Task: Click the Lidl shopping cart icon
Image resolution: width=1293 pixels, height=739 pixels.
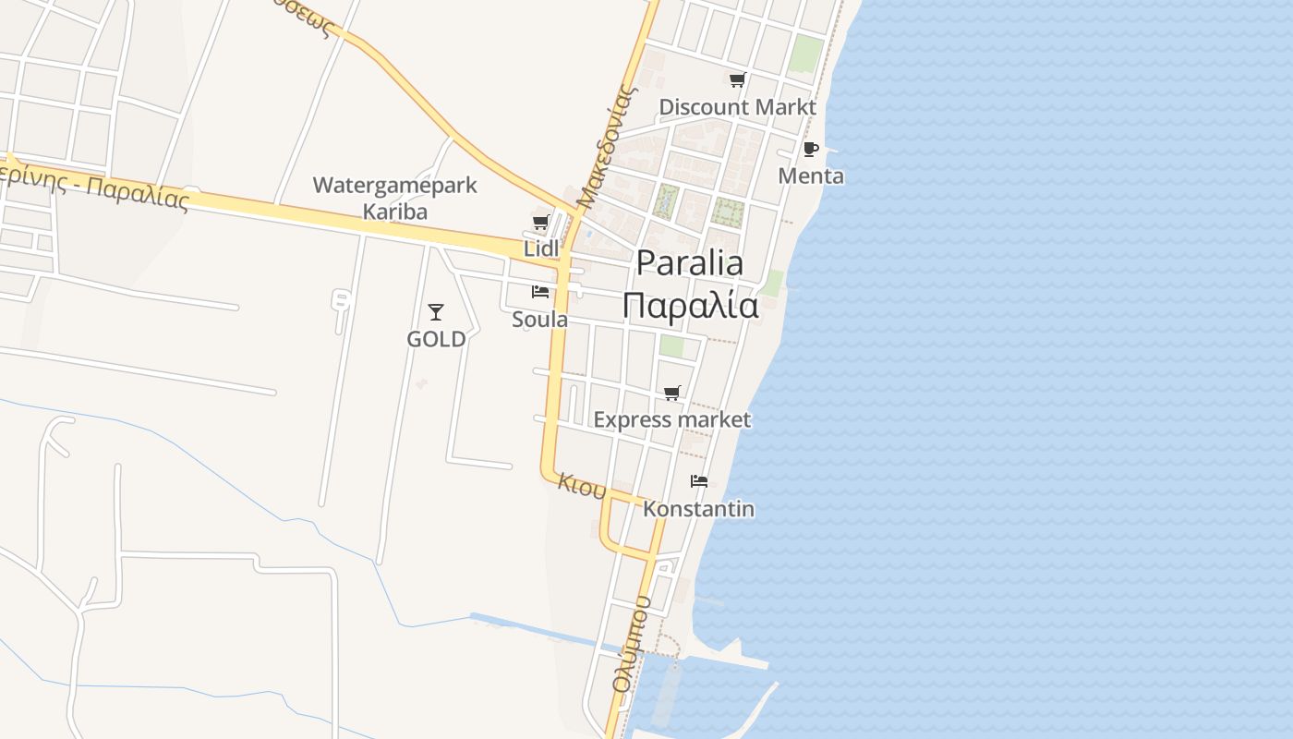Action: coord(540,222)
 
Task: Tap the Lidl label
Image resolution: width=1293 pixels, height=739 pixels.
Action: coord(541,248)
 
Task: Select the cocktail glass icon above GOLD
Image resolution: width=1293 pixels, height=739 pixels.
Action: coord(436,312)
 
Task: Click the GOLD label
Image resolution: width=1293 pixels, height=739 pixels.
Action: coord(436,339)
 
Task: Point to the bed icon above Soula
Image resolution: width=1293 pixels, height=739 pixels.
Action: coord(540,292)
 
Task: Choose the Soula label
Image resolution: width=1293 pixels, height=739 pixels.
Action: coord(539,319)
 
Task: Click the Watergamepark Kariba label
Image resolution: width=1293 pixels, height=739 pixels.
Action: coord(394,198)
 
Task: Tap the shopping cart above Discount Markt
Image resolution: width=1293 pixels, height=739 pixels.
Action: coord(737,80)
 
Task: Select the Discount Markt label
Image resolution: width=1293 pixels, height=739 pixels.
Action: coord(737,107)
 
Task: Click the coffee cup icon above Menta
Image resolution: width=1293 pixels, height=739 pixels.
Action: coord(811,149)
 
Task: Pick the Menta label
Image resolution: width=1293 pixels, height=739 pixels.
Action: coord(811,176)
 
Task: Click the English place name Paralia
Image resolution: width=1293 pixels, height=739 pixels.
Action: coord(690,263)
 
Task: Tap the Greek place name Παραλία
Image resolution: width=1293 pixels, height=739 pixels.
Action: coord(690,305)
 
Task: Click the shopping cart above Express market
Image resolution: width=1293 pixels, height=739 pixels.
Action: coord(672,394)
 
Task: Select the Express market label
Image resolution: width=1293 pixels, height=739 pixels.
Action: coord(671,419)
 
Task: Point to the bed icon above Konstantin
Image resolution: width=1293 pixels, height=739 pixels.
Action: coord(699,481)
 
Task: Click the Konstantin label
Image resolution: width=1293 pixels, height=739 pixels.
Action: coord(698,508)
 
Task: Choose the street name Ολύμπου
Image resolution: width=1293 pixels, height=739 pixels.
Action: coord(632,644)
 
